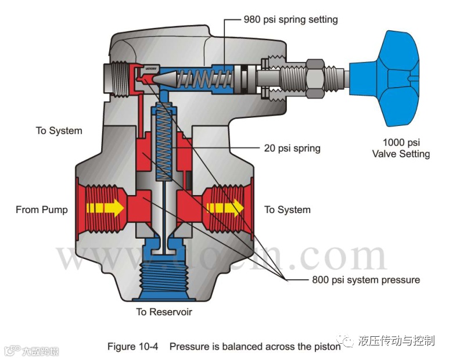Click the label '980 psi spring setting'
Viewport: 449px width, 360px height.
[x=290, y=20]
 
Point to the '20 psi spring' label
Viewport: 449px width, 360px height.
[x=292, y=148]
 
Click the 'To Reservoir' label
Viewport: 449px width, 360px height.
[x=164, y=312]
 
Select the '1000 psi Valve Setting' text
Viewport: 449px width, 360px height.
[x=401, y=148]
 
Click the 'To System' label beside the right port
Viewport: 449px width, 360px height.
[x=288, y=210]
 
